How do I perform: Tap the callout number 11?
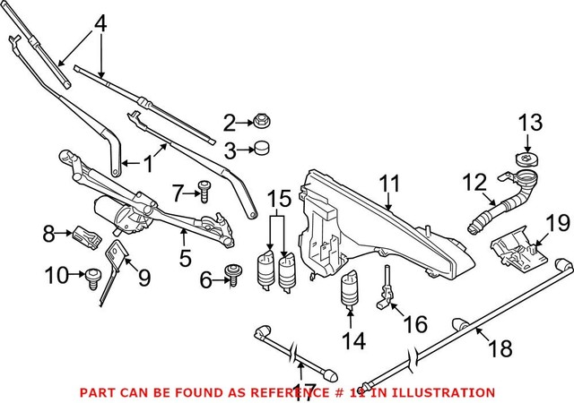click(387, 185)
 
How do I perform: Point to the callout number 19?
click(558, 221)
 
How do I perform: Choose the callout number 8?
click(48, 236)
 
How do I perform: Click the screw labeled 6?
click(234, 279)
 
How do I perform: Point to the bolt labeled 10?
click(92, 278)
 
